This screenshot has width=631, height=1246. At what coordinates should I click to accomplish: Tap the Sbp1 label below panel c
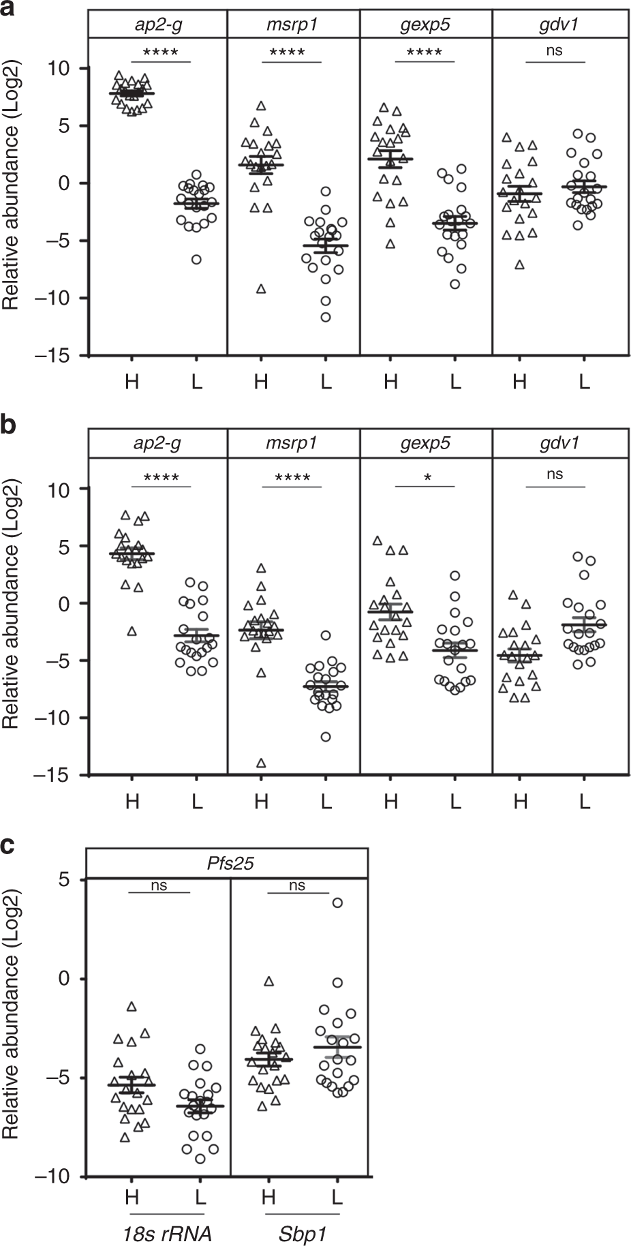(x=301, y=1232)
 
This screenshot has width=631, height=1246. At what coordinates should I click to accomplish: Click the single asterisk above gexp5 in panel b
(x=427, y=478)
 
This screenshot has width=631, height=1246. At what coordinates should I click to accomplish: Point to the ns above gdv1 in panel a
(x=555, y=50)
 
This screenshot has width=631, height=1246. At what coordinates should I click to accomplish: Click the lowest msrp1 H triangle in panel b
(x=260, y=763)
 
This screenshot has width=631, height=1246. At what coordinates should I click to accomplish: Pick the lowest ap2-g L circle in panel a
(x=197, y=260)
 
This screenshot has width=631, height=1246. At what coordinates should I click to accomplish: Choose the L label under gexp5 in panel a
(x=455, y=382)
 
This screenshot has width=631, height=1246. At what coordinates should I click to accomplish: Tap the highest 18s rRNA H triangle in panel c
(x=132, y=1006)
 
